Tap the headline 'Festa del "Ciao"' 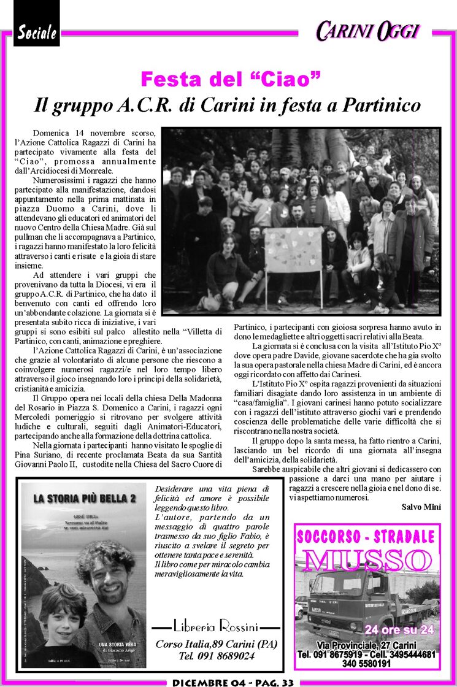click(x=231, y=79)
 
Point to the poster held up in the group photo click(x=293, y=250)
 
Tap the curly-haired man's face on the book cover click(x=107, y=569)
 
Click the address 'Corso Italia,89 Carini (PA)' click(x=216, y=643)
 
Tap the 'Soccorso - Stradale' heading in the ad click(x=367, y=537)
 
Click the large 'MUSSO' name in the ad click(x=367, y=559)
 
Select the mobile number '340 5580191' click(x=367, y=663)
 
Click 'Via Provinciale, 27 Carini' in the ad click(x=367, y=646)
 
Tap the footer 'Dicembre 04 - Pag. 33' click(x=233, y=682)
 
